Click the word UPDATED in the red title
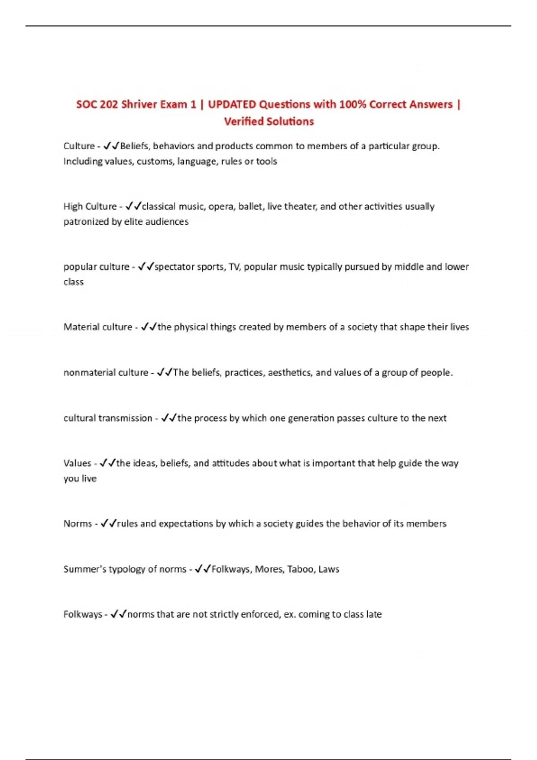point(232,105)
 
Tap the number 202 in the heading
point(109,105)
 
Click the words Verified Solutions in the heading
point(269,122)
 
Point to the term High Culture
point(90,207)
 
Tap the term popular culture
point(96,267)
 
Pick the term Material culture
point(98,327)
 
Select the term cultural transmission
point(108,418)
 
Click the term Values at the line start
point(77,464)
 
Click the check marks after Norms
point(109,524)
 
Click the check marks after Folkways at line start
point(119,614)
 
